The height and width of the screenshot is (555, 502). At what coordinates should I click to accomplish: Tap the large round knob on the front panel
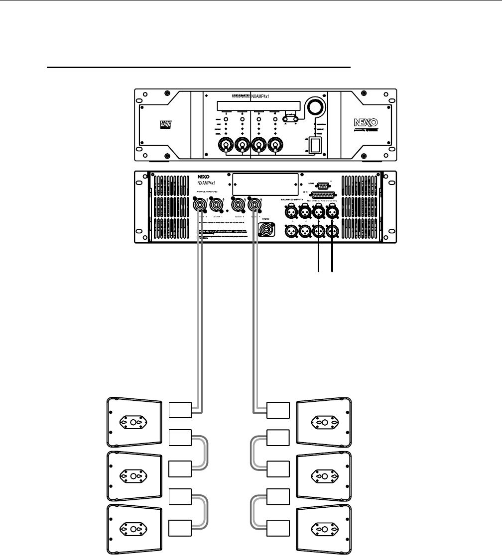click(x=316, y=107)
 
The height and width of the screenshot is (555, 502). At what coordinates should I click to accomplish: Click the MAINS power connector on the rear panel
click(x=265, y=230)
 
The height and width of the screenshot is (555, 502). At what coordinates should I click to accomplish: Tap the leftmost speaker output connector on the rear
click(x=199, y=203)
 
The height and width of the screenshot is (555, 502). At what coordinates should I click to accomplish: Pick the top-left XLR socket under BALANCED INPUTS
click(x=290, y=212)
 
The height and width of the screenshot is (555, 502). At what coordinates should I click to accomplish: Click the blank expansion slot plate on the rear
click(x=264, y=184)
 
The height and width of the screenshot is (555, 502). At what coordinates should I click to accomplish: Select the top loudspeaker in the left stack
click(x=134, y=422)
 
